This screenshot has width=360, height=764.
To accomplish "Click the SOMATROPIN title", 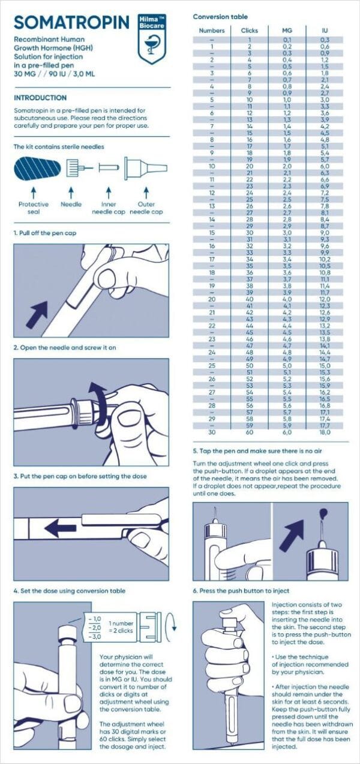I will tap(71, 23).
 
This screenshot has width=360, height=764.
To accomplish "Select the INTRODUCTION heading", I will tap(40, 98).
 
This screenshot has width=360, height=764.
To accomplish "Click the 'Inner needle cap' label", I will tap(108, 208).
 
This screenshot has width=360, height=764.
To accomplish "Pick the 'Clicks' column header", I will tap(249, 31).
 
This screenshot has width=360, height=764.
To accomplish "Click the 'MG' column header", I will tap(287, 31).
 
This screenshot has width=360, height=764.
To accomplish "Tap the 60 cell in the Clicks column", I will tap(249, 432).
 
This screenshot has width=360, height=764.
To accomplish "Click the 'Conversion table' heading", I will tap(220, 16).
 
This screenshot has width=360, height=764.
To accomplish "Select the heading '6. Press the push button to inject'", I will tap(241, 591).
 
